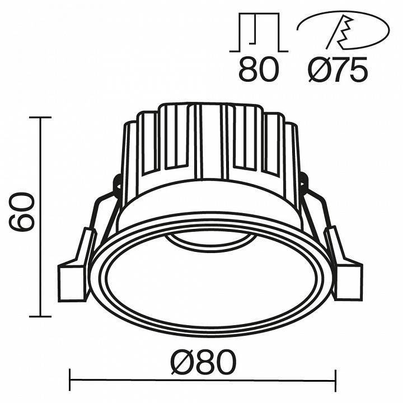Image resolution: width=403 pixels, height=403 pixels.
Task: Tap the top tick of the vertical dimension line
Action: (x=40, y=118)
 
